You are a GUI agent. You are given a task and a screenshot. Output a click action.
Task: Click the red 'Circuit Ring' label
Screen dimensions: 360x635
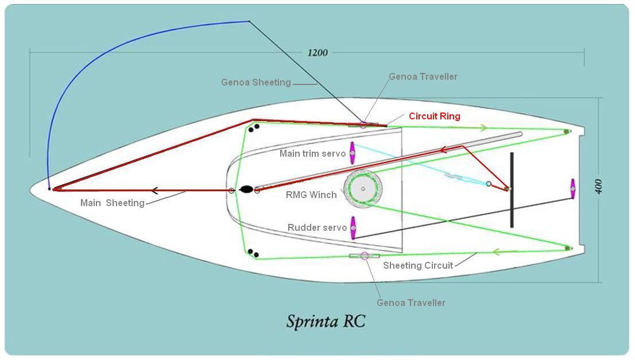click(434, 116)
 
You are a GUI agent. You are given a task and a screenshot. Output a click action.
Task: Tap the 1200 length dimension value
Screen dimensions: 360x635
click(317, 53)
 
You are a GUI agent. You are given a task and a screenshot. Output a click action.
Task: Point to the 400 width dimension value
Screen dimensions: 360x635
click(598, 187)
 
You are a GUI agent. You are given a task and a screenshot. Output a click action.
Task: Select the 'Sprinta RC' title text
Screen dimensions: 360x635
click(326, 320)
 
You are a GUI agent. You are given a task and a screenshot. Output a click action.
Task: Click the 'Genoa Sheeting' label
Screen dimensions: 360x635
click(255, 82)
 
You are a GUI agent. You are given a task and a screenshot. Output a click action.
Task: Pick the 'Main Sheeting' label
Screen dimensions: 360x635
click(113, 203)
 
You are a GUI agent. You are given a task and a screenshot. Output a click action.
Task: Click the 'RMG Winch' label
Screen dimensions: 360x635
click(311, 195)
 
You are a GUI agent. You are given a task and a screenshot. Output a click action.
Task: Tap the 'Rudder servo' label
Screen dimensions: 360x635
click(317, 227)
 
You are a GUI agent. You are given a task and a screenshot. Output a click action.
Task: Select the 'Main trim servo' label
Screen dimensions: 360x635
click(312, 153)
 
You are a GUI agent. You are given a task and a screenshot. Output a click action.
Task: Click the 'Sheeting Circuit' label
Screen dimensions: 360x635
click(418, 265)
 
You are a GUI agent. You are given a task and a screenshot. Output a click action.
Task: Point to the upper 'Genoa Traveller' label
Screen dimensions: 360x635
click(423, 76)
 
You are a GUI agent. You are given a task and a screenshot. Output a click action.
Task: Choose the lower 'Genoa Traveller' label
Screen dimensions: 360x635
click(411, 303)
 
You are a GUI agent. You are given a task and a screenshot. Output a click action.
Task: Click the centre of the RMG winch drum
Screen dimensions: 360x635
click(363, 189)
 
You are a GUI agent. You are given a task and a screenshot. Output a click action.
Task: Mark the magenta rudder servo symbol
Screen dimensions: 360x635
click(353, 227)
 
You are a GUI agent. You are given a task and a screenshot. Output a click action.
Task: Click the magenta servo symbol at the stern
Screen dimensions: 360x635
click(572, 188)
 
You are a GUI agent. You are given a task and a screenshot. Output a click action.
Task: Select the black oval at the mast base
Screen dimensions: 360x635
click(246, 190)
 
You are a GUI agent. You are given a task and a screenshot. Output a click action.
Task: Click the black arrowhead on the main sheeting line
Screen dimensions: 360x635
click(154, 191)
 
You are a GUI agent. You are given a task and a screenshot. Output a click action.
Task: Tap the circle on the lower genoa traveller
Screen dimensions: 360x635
click(364, 256)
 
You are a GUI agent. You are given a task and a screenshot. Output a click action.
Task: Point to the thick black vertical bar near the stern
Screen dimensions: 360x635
click(511, 190)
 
